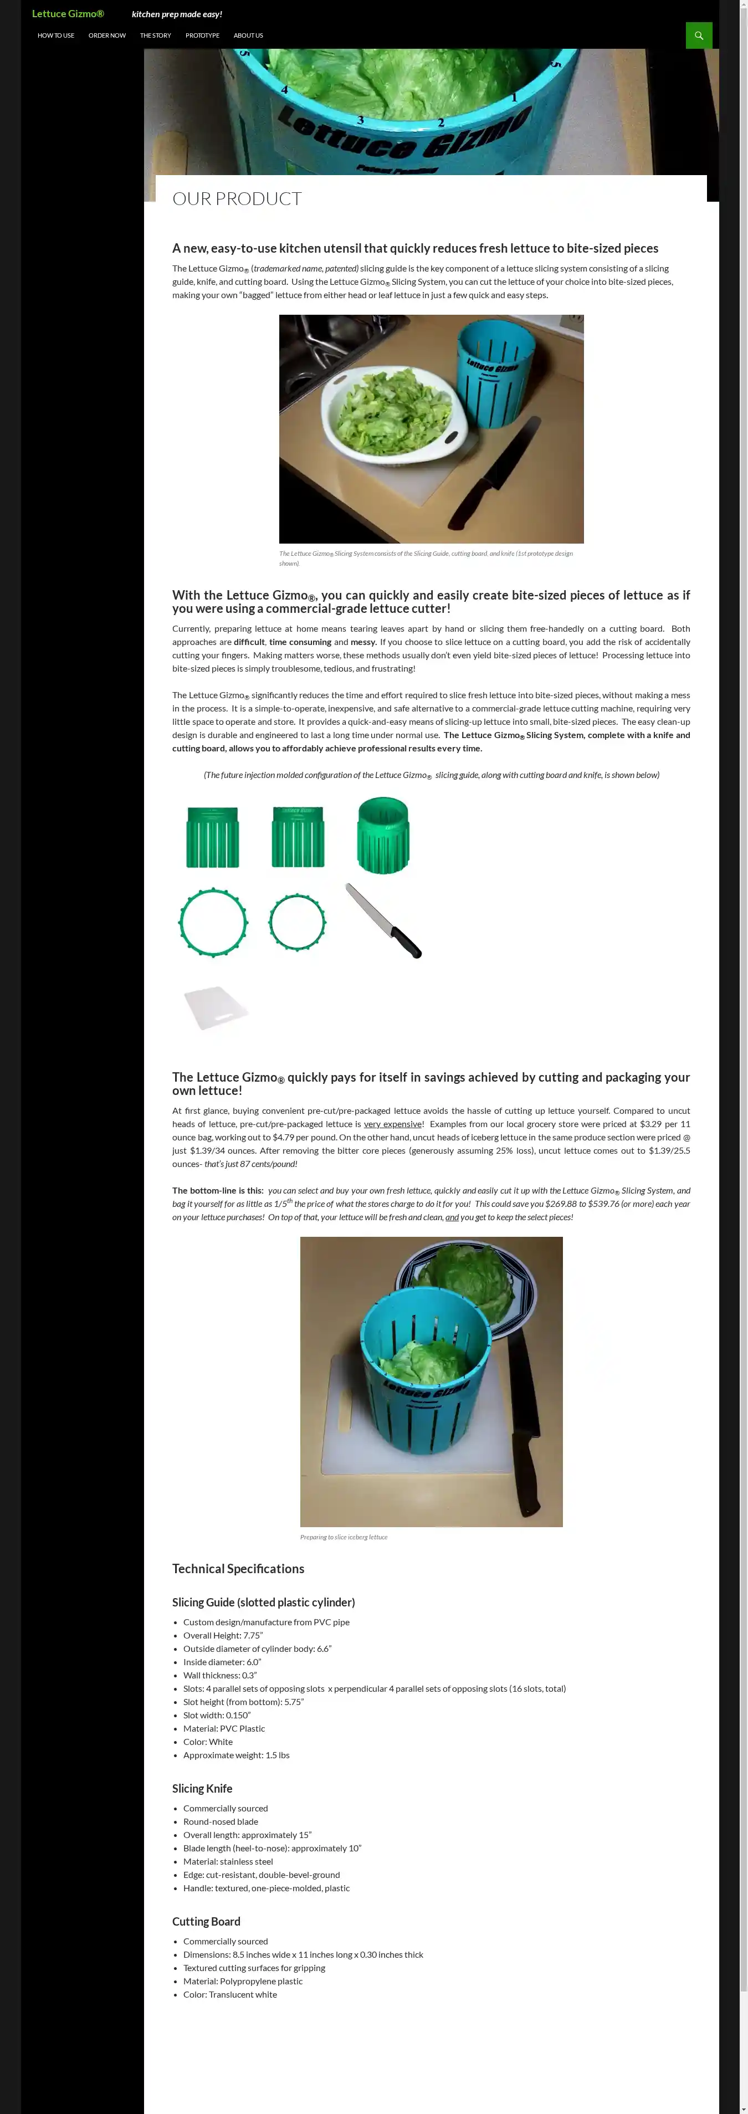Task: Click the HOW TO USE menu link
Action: click(x=56, y=35)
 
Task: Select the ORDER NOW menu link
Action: click(x=106, y=35)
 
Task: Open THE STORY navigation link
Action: click(x=155, y=35)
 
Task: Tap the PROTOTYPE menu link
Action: click(x=202, y=35)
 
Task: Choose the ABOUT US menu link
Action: click(x=248, y=35)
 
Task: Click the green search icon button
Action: click(x=699, y=35)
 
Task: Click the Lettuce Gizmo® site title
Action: click(x=68, y=14)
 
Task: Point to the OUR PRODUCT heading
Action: click(x=237, y=198)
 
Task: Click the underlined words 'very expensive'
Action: click(x=392, y=1124)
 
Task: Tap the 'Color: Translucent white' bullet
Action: click(x=229, y=1994)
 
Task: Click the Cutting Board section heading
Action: click(x=206, y=1921)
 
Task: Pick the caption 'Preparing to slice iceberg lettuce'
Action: click(x=344, y=1537)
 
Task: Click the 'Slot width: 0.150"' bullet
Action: click(x=217, y=1715)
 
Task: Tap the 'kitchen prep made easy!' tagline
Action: click(x=176, y=14)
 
